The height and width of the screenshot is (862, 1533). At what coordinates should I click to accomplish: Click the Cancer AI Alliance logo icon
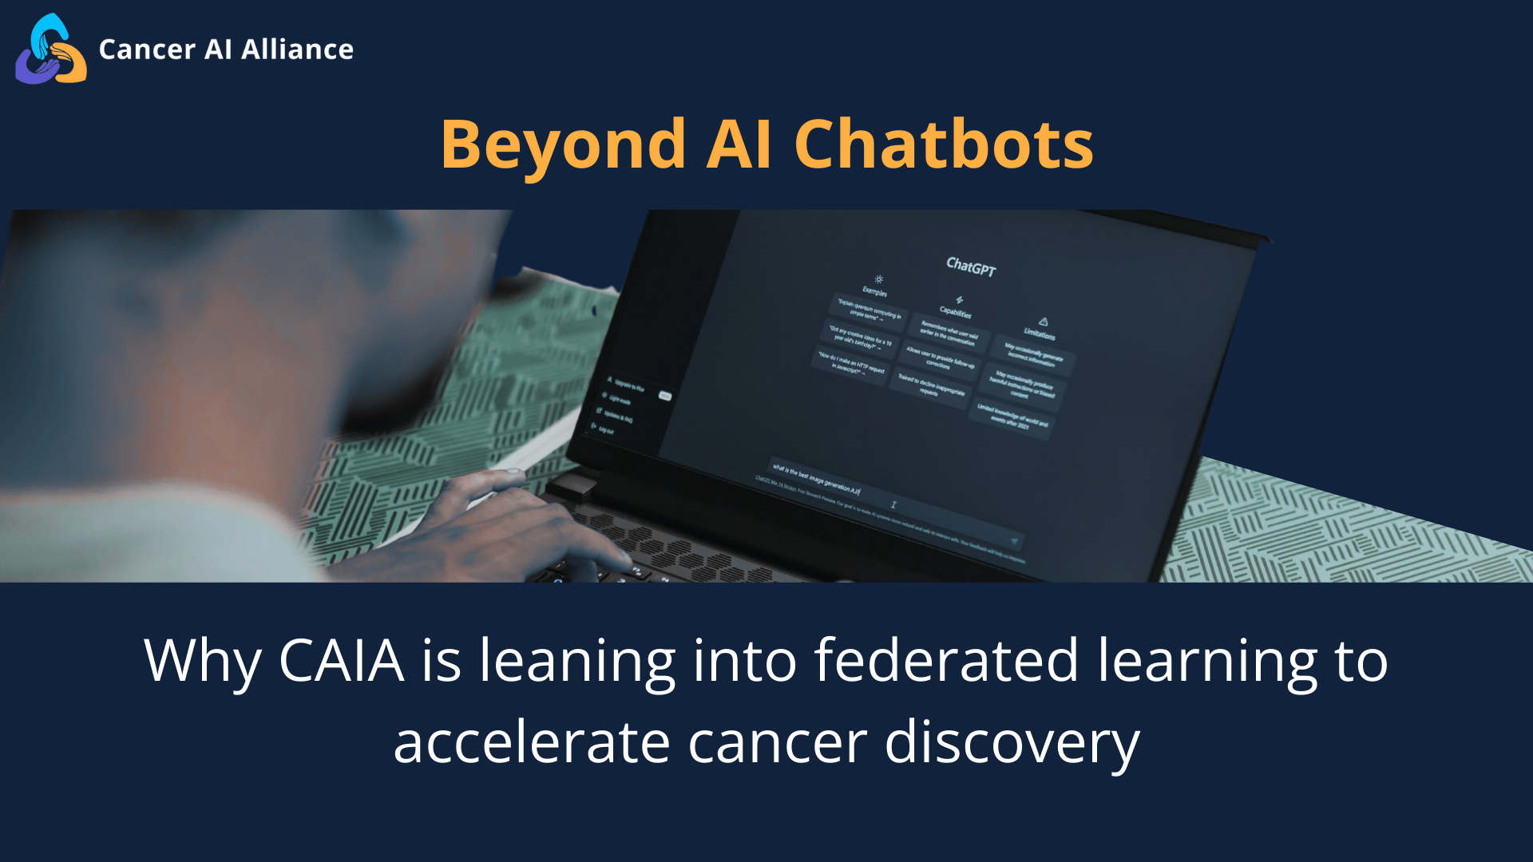click(x=51, y=49)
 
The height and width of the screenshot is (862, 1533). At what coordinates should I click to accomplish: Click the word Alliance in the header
click(x=297, y=49)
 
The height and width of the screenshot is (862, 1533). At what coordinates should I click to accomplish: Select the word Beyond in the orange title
click(x=563, y=145)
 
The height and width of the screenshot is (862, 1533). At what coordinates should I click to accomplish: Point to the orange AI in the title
click(x=739, y=145)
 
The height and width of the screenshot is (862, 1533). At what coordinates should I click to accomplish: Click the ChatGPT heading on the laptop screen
click(x=971, y=267)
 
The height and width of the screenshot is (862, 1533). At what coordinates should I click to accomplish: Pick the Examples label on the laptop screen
click(x=874, y=291)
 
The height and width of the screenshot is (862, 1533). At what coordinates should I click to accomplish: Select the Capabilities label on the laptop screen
click(x=955, y=312)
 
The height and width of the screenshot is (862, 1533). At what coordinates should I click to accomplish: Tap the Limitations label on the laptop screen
click(x=1040, y=334)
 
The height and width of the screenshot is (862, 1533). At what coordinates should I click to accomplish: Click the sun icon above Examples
click(x=878, y=279)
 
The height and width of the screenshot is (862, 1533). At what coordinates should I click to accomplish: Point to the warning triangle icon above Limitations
click(x=1043, y=322)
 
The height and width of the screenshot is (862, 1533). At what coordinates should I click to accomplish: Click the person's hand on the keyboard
click(x=511, y=519)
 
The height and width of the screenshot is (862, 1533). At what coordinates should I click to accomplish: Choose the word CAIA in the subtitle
click(x=341, y=661)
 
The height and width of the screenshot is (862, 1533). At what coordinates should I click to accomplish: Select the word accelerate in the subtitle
click(x=531, y=742)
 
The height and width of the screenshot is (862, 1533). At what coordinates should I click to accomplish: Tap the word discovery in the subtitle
click(x=1012, y=742)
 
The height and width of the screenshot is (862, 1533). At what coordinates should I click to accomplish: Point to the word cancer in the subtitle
click(x=777, y=742)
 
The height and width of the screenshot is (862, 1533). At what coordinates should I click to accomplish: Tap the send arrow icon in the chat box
click(x=1014, y=541)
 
